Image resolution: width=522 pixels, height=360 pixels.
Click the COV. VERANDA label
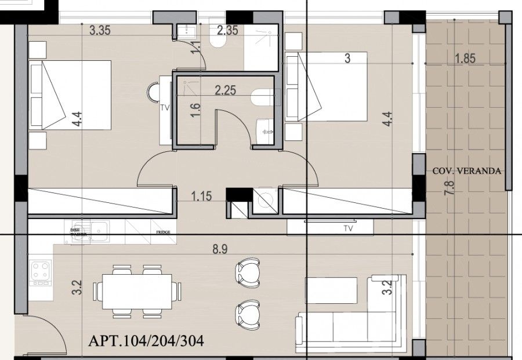tap(466, 171)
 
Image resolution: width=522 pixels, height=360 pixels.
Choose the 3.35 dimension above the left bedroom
tap(100, 31)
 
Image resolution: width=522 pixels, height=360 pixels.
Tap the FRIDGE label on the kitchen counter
tap(162, 232)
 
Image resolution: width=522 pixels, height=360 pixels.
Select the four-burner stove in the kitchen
tap(41, 271)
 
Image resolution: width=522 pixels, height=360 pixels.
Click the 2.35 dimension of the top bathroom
tap(228, 30)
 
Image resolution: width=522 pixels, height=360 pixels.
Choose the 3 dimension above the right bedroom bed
tap(347, 58)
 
